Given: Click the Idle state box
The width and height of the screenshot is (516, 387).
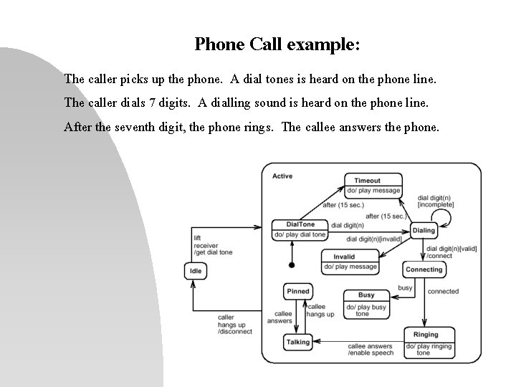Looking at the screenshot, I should (195, 271).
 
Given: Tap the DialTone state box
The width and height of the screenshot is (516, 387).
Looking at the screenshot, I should (300, 229).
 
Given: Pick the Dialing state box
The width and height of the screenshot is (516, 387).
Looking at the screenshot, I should (424, 230).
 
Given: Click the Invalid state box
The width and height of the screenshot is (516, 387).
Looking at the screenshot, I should (349, 262).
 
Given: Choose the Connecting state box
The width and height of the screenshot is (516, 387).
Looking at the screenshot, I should (424, 269).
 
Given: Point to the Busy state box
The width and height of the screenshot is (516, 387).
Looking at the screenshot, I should (365, 303).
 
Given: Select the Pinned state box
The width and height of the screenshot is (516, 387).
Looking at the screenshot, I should (298, 292).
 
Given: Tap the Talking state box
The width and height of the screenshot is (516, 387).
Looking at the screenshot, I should (297, 343).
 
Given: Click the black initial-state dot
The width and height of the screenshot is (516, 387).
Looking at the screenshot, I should (291, 264).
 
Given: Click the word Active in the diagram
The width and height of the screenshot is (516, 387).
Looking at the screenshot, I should (282, 176).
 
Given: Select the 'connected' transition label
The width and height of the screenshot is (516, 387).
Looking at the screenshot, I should (443, 292).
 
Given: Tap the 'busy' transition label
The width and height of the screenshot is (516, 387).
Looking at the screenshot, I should (405, 288).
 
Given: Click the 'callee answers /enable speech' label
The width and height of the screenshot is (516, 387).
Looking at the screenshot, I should (370, 350).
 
